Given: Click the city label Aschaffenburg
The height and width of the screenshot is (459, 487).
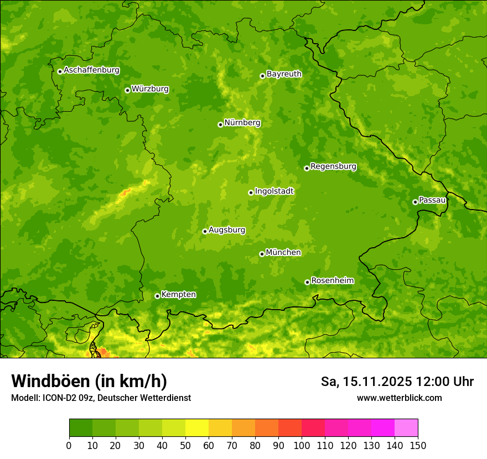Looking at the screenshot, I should (91, 70).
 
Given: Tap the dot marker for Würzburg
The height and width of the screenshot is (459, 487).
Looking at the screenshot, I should (127, 90).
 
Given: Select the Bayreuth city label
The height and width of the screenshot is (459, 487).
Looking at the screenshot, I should (284, 74).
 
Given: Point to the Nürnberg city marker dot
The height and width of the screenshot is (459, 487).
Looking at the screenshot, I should (220, 124).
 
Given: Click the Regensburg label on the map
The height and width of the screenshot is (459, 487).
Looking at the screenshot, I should (333, 166).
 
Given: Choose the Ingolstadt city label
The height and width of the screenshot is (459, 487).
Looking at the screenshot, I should (274, 191).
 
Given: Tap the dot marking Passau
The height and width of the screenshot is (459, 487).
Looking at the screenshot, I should (415, 202).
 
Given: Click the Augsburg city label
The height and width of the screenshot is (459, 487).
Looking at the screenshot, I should (227, 230).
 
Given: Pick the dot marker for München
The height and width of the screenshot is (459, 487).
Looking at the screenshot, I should (262, 254).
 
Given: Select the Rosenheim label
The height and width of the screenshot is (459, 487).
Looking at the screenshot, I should (332, 281).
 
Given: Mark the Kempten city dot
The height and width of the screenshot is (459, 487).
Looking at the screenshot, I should (157, 296).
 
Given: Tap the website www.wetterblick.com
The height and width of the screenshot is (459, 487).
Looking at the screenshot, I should (399, 398).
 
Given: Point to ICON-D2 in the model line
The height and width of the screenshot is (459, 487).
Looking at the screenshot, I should (60, 398).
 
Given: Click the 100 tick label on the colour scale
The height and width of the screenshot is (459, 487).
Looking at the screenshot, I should (302, 445).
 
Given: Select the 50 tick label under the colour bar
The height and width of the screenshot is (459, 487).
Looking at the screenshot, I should (185, 445).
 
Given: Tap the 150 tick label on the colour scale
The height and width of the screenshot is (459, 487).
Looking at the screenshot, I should (418, 445).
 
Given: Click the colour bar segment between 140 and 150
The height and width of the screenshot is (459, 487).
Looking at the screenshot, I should (406, 428).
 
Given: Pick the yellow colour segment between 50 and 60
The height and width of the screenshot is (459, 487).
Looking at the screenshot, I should (197, 428).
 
